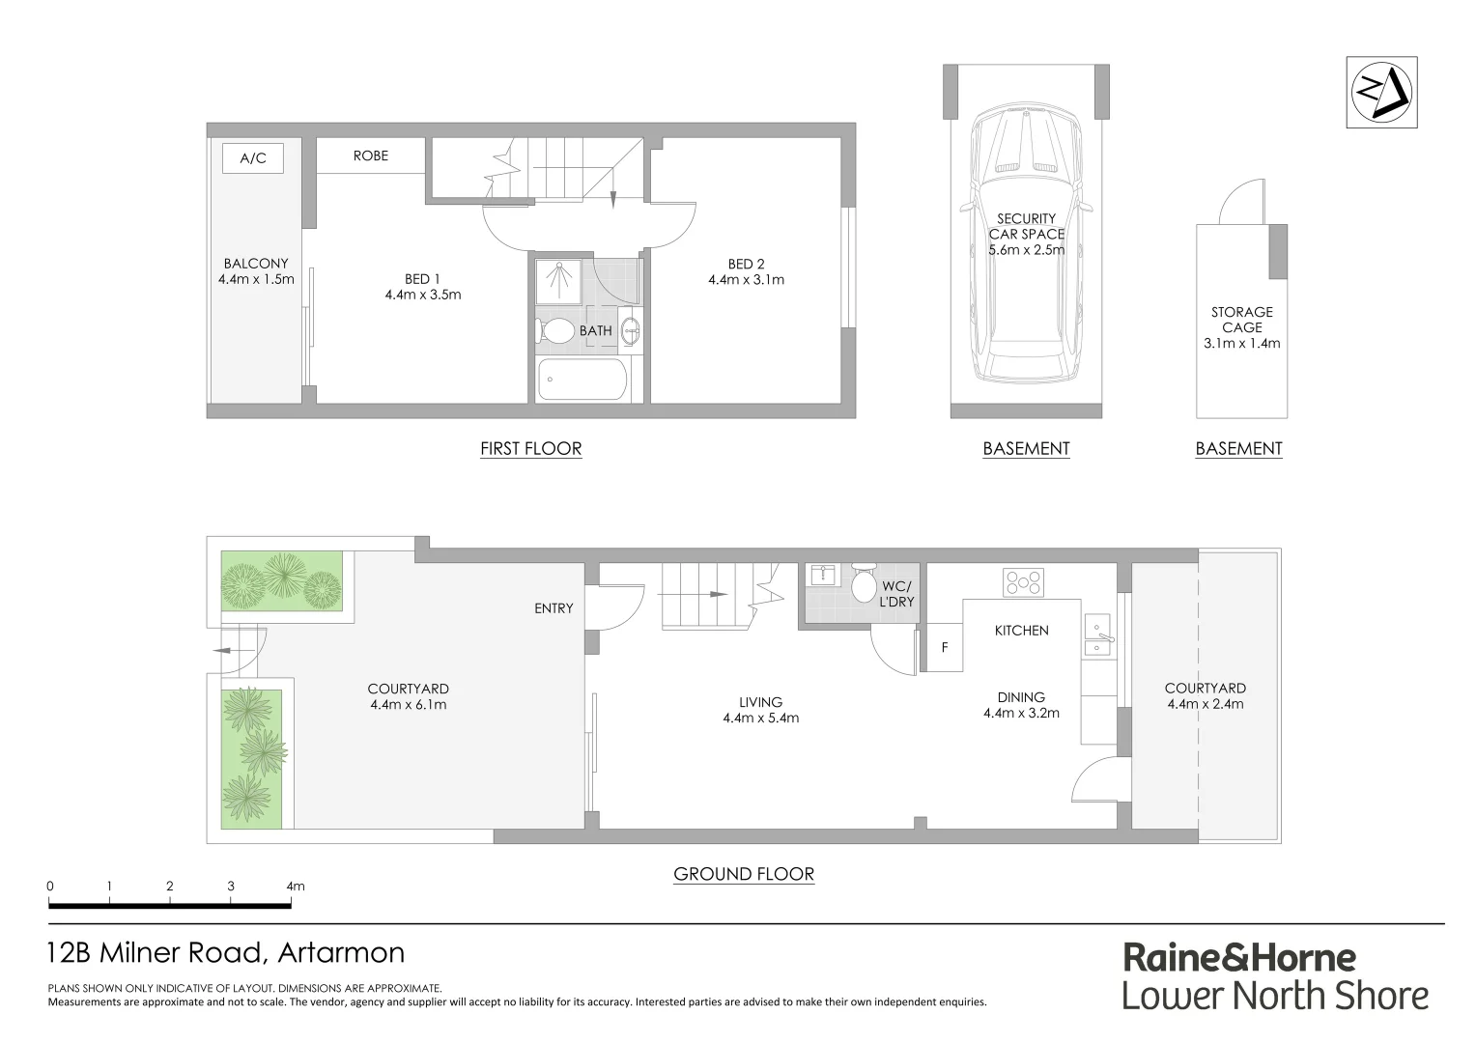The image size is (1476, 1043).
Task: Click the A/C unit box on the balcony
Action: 252,158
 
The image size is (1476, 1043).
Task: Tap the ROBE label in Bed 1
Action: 370,155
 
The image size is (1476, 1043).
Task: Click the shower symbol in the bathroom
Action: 559,279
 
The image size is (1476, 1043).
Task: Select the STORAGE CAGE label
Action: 1241,320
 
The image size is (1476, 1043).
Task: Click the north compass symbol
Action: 1381,93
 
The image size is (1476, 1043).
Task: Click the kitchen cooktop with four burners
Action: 1023,582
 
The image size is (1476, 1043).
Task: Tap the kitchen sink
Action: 1097,634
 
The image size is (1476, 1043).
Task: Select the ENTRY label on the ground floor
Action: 553,608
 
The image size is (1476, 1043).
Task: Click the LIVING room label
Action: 760,702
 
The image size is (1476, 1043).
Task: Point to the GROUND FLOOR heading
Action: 744,874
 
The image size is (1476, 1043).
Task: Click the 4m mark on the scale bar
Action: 294,886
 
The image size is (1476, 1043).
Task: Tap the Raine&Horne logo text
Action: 1238,958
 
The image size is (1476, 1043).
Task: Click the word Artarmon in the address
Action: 341,953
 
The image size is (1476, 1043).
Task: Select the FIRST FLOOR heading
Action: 530,448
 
